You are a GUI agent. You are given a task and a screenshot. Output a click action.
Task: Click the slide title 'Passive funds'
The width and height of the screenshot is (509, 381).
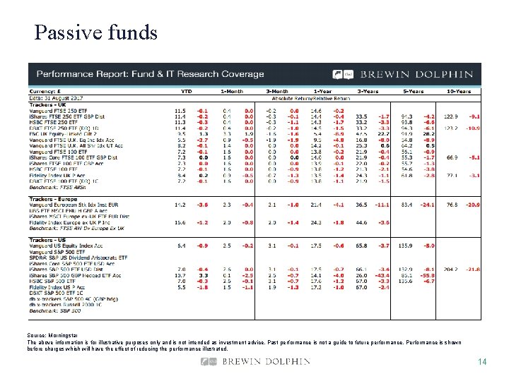(95, 32)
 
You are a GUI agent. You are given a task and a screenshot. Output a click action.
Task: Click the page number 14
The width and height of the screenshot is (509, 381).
(482, 362)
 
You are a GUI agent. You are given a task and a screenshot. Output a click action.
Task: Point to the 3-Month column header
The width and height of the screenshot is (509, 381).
(277, 91)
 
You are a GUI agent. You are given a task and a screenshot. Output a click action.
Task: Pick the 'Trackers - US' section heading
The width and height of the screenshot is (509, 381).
(49, 240)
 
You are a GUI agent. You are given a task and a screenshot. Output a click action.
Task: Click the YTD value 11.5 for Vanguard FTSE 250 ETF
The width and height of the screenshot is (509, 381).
(180, 111)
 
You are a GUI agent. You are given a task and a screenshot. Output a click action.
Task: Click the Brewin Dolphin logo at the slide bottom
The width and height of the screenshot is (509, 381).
(255, 362)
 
